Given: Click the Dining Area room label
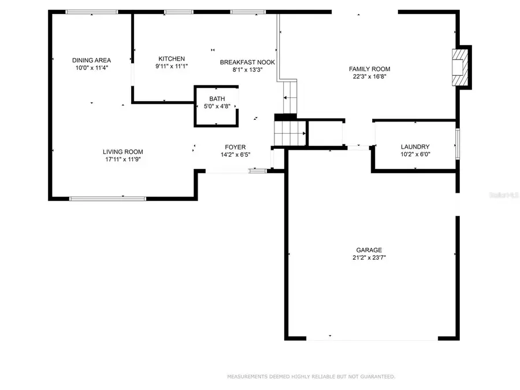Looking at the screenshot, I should coord(91,60).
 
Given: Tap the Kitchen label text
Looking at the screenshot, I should coord(172,58).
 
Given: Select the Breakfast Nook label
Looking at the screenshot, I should coord(247,62).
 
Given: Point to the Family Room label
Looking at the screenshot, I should coord(370,68).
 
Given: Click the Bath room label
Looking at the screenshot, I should coord(217,98).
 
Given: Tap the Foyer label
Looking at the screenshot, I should coord(235,147).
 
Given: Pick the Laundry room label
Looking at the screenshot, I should coord(415,147).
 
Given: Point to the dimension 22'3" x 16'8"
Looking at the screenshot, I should coord(370,76).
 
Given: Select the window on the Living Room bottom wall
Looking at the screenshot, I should coord(107,198).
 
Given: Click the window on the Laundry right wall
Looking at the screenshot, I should coord(458,144).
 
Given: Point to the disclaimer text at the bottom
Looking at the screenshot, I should coord(311,377).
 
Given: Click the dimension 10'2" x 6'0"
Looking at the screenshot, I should coord(415,154).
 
